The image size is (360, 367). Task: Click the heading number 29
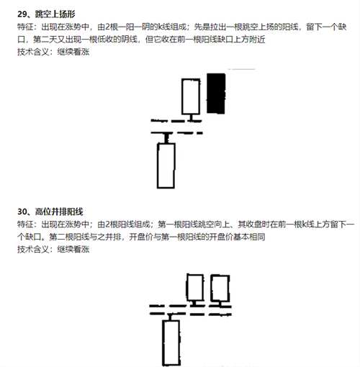point(22,14)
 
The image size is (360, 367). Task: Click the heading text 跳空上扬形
point(55,14)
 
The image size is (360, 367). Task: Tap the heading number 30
point(22,212)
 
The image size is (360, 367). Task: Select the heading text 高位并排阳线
point(59,212)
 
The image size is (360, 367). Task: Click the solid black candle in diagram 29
point(216,94)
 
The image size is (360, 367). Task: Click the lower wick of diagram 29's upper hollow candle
point(191,117)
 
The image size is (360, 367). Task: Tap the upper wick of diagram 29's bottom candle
point(166,138)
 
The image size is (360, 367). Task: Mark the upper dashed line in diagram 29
point(176,121)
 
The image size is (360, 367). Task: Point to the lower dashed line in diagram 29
point(176,132)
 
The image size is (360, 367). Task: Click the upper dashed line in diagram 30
point(190,307)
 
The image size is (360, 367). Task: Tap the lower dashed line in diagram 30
point(190,314)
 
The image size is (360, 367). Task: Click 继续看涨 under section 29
point(73,52)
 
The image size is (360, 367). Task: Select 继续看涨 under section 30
point(73,250)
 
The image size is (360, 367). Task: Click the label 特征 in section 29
point(25,27)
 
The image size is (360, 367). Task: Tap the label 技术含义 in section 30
point(33,250)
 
